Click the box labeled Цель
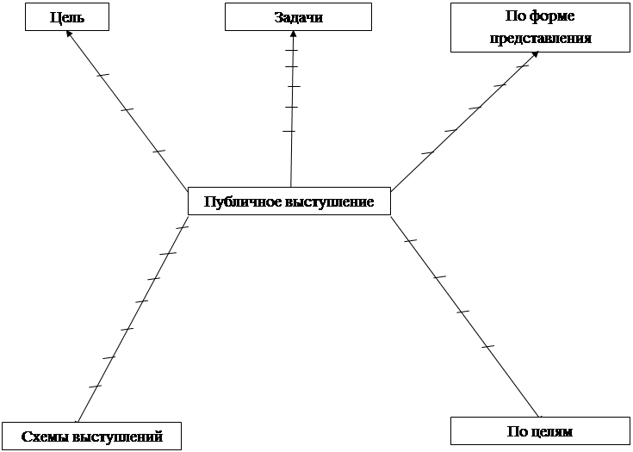(x=67, y=17)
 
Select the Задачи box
(x=298, y=17)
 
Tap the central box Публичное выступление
(x=289, y=201)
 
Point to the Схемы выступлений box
(x=91, y=436)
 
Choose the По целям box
(x=540, y=431)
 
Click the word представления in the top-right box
(x=541, y=38)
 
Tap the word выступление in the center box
(x=329, y=201)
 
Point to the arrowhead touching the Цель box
(x=70, y=34)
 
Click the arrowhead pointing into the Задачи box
(x=292, y=34)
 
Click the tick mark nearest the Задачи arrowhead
(x=291, y=50)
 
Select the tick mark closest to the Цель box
(x=103, y=75)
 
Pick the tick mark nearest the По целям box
(x=487, y=347)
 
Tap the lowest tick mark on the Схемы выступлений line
(x=95, y=387)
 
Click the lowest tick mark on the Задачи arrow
(x=289, y=131)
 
